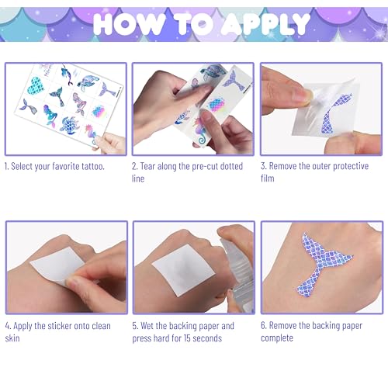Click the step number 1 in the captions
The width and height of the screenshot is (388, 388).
7,167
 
